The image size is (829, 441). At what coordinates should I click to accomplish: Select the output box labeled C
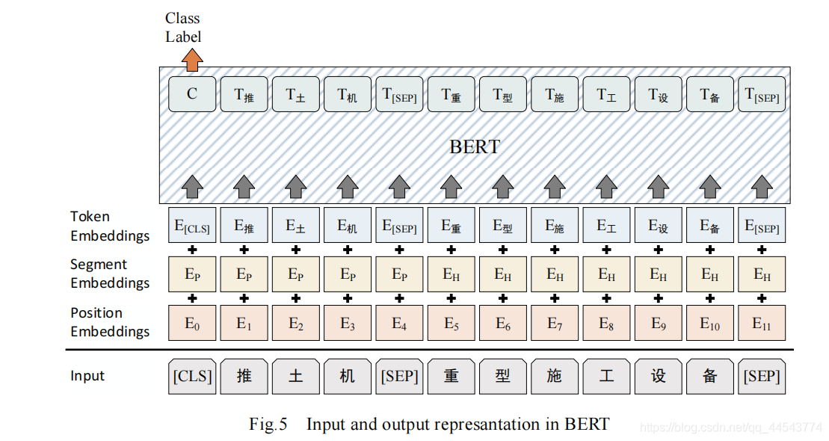point(192,94)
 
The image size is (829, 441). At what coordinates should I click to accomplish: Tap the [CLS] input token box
point(192,376)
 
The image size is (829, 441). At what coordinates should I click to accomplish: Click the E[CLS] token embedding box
point(192,226)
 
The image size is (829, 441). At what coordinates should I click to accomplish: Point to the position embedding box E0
point(192,324)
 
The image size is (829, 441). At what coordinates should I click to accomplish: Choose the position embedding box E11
point(762,324)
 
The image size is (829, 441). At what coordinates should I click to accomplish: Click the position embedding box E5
point(451,324)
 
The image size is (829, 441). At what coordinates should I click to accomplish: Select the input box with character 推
point(244,376)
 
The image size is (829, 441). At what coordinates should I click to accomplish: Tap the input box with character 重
point(451,376)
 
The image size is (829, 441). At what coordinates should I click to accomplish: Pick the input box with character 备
point(709,376)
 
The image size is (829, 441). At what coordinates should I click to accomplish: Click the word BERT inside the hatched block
point(475,147)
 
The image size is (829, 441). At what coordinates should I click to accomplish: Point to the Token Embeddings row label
point(109,226)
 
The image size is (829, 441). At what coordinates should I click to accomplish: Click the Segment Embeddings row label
point(109,274)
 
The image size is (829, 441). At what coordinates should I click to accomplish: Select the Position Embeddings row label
point(109,322)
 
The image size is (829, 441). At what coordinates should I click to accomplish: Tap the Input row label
point(87,376)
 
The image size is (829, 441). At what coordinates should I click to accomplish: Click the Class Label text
point(183,27)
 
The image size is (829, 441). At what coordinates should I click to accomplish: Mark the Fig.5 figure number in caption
point(268,425)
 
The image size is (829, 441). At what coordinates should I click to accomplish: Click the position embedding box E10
point(709,324)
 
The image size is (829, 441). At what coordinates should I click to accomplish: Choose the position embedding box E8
point(606,324)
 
